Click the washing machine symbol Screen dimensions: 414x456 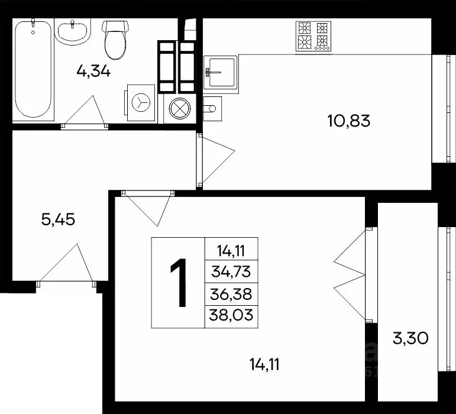[x=141, y=102]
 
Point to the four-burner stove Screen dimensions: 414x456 [x=313, y=35]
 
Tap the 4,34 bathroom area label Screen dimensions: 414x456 [x=94, y=72]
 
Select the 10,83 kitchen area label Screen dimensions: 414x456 [x=348, y=121]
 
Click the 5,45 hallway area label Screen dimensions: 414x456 [x=58, y=220]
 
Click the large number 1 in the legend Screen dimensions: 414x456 [x=178, y=283]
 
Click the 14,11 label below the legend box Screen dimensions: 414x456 [x=263, y=364]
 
